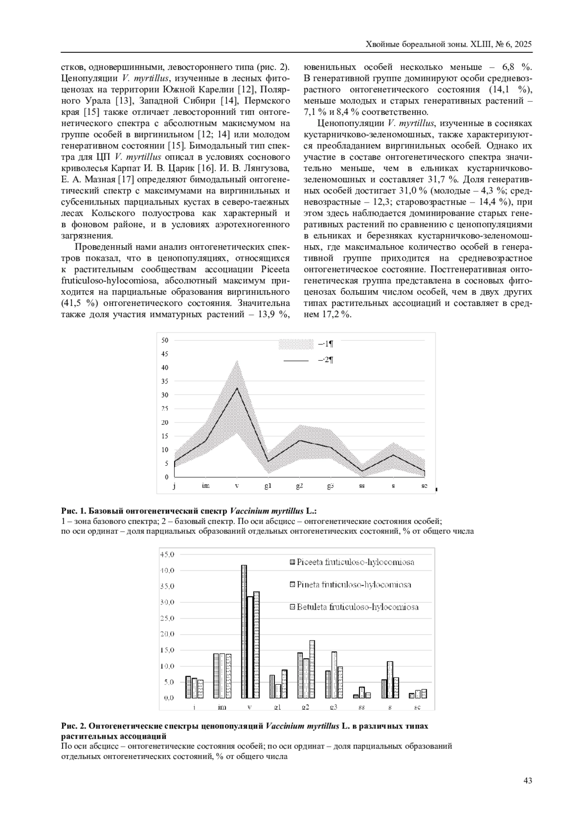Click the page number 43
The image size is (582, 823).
528,780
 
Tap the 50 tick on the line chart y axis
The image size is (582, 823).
165,340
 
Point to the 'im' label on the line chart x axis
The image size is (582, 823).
206,486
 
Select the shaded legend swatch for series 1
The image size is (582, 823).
296,344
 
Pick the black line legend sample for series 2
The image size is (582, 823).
296,361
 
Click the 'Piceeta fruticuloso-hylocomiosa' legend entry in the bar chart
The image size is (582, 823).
356,562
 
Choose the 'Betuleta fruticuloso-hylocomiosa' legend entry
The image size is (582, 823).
357,607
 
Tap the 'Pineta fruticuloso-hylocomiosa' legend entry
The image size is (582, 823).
354,585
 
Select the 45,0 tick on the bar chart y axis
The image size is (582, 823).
167,554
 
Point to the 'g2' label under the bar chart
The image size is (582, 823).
306,707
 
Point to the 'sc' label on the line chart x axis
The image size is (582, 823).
424,486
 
